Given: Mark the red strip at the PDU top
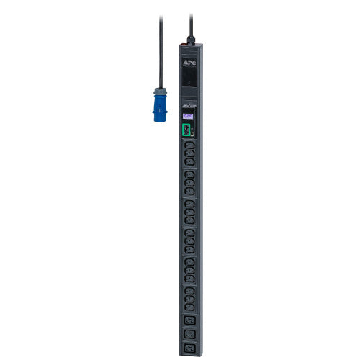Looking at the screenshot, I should pos(186,45).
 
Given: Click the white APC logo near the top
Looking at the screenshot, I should pos(189,63).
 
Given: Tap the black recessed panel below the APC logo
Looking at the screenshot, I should pos(189,78).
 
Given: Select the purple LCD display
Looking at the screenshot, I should pos(189,114).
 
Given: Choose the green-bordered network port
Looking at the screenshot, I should pos(187,130).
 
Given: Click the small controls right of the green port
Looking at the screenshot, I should pos(194,130).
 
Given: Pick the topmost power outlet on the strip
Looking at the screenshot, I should pos(189,145).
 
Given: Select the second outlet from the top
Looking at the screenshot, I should pos(189,153).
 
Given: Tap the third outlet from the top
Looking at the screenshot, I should pos(189,162).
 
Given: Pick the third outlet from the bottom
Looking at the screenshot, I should pos(190,319).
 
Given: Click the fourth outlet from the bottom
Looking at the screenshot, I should pos(190,307).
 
